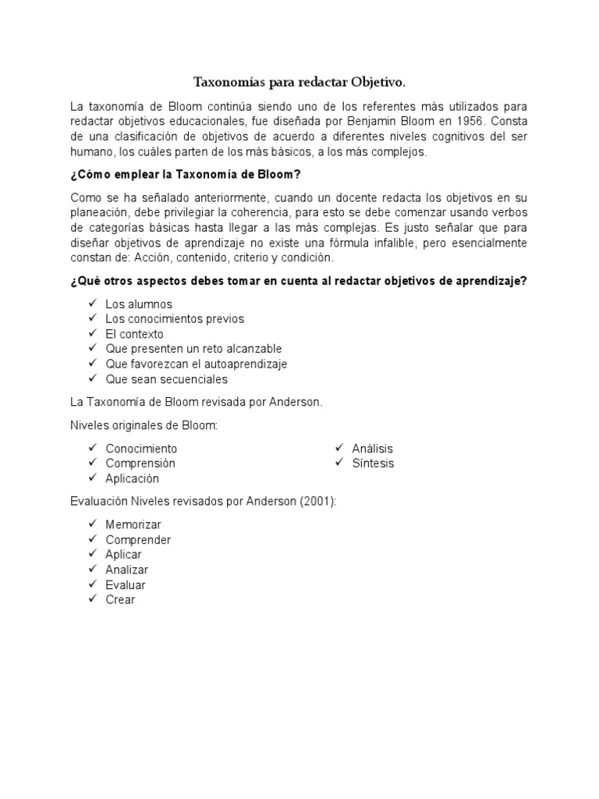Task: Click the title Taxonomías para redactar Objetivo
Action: click(x=300, y=82)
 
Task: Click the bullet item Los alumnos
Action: click(x=139, y=304)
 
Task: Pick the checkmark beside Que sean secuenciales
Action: click(x=92, y=379)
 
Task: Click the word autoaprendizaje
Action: click(x=249, y=364)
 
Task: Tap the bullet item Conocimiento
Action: click(x=141, y=449)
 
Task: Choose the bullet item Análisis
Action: click(x=372, y=449)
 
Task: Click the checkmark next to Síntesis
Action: click(x=339, y=463)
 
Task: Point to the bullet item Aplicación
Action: click(x=132, y=478)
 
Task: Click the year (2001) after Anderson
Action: click(x=318, y=502)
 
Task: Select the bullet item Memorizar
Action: click(x=133, y=525)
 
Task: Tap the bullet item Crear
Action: click(x=120, y=600)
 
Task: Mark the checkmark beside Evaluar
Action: click(x=92, y=584)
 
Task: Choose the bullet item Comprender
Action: click(x=138, y=540)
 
